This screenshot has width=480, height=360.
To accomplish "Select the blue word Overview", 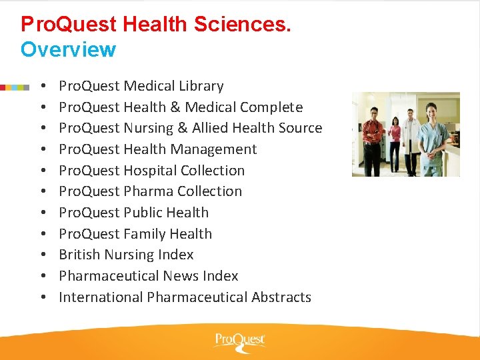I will (x=68, y=49).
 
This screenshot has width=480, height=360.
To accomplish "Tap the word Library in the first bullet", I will (x=201, y=86).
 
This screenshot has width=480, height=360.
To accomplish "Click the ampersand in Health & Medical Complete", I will (x=176, y=107).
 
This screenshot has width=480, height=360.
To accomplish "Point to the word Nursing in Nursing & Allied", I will (x=147, y=128).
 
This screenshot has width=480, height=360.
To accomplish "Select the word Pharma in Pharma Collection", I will (x=145, y=191).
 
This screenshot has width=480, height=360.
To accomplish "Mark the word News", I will (x=182, y=276).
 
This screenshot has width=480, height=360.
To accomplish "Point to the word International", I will (x=101, y=297).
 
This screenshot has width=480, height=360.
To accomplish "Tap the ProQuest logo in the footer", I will (x=239, y=341).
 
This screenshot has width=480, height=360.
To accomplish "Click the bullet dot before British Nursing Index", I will (x=42, y=255).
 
